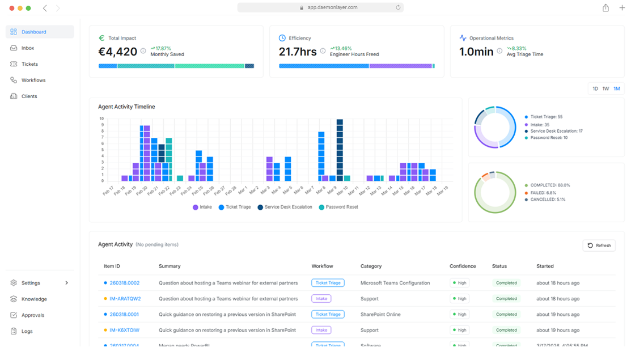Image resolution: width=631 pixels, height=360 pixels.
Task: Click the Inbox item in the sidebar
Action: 28,48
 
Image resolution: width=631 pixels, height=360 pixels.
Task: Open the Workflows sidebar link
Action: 33,81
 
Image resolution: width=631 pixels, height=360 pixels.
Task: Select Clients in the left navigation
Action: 29,96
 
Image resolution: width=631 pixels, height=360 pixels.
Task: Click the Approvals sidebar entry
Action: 32,315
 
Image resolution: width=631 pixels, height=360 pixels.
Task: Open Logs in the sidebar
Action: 27,331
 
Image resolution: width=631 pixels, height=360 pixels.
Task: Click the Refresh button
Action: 599,245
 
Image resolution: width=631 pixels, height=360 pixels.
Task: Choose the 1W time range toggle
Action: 605,88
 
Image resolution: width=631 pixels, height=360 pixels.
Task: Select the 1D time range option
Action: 595,88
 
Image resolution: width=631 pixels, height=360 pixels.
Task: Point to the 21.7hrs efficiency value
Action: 298,52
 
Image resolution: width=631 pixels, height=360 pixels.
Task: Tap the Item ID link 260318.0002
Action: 124,283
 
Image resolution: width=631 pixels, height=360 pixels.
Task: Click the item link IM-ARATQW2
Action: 125,299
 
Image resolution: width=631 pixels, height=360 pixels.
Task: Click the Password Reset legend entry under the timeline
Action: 342,207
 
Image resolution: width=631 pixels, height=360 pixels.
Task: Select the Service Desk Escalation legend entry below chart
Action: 288,207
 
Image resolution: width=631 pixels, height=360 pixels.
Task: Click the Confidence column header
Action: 463,266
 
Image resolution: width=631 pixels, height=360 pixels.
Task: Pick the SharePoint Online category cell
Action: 383,314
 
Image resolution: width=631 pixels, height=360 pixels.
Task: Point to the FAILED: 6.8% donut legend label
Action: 544,193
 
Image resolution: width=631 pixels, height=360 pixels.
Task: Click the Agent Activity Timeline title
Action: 126,107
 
